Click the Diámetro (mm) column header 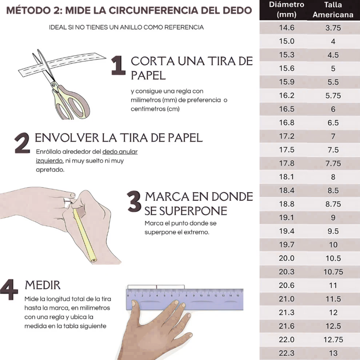click(286, 10)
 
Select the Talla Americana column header click(333, 10)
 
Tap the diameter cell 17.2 click(287, 136)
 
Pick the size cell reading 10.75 click(333, 272)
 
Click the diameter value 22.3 click(287, 353)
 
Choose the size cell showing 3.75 click(333, 28)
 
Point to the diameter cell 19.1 click(287, 218)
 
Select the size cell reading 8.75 click(333, 204)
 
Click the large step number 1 click(118, 65)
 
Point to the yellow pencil click(83, 233)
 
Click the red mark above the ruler click(157, 287)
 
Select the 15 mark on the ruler click(238, 295)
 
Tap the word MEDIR click(43, 285)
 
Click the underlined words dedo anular click(120, 152)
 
